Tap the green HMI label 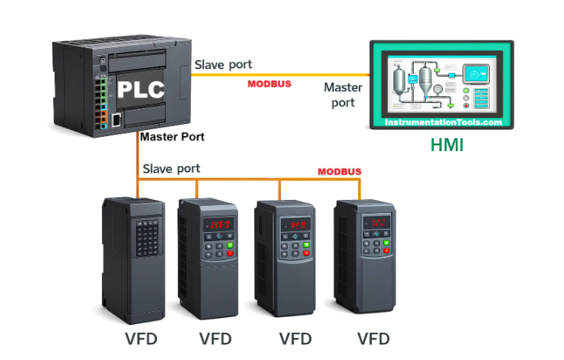point(447,145)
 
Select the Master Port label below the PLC point(172,138)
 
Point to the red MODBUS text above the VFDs point(339,171)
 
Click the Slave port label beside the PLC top point(224,65)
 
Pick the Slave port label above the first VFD point(171,168)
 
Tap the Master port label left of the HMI point(343,95)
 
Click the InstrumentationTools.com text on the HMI point(444,122)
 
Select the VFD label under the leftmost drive point(141,339)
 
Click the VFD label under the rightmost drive point(373,339)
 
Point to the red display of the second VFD point(219,224)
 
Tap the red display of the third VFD point(297,224)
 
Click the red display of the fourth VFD point(376,222)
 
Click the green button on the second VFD point(231,245)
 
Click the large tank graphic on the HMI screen point(426,77)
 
